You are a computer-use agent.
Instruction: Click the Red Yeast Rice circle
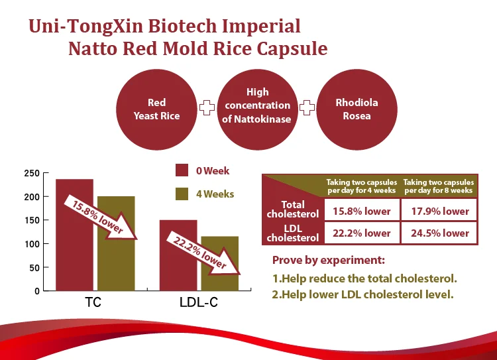[157, 109]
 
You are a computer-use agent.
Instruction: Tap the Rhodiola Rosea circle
[357, 109]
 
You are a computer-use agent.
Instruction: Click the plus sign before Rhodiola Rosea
[307, 107]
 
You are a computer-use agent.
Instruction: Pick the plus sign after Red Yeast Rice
[207, 107]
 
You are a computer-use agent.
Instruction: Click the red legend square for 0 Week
[182, 170]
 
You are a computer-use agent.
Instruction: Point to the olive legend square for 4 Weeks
[182, 194]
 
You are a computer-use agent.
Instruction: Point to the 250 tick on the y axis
[30, 174]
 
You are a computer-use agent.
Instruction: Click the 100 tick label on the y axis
[30, 244]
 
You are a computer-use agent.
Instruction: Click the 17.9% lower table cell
[439, 211]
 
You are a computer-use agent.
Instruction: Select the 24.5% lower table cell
[439, 233]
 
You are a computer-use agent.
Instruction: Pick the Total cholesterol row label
[292, 209]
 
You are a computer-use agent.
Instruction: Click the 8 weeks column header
[438, 186]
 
